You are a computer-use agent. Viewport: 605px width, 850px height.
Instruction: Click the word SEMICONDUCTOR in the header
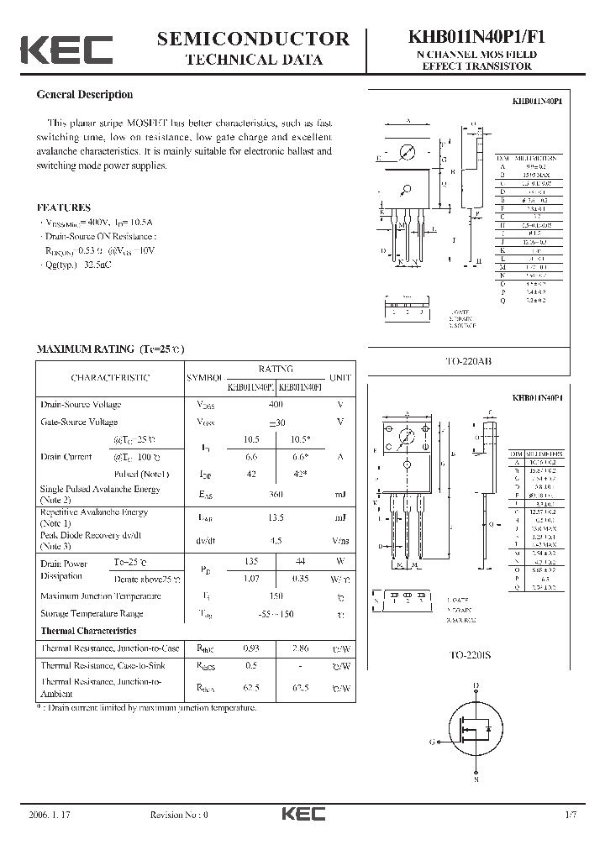253,39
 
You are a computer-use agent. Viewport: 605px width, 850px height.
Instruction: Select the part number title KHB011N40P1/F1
476,38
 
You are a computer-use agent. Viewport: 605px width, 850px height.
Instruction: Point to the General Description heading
84,95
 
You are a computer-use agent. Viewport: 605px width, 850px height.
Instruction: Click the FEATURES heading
64,207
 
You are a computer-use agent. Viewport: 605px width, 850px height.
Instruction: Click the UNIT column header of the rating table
340,378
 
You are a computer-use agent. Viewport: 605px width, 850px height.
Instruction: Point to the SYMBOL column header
204,378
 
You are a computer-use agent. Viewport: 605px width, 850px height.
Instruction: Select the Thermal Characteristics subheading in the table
88,630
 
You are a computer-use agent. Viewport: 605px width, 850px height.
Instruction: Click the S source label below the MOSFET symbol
476,780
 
